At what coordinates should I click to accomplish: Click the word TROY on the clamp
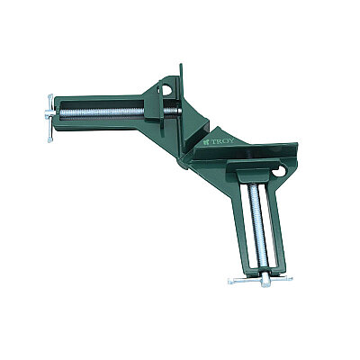click(x=222, y=141)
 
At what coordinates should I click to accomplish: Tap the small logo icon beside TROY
click(x=206, y=143)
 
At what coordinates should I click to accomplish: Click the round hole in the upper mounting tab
click(x=166, y=90)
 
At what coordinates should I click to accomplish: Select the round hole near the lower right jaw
click(x=279, y=172)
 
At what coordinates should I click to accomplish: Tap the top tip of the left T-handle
click(x=49, y=96)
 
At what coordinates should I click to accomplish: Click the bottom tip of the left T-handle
click(x=50, y=140)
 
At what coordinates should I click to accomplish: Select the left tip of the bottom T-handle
click(x=230, y=282)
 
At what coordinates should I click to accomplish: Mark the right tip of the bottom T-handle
click(x=290, y=278)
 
